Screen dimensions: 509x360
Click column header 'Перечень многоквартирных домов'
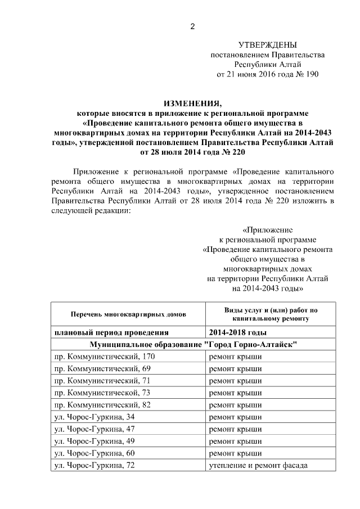pos(128,314)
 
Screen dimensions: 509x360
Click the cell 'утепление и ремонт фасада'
pos(258,465)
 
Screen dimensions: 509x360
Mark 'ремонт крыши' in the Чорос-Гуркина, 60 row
pos(235,453)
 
